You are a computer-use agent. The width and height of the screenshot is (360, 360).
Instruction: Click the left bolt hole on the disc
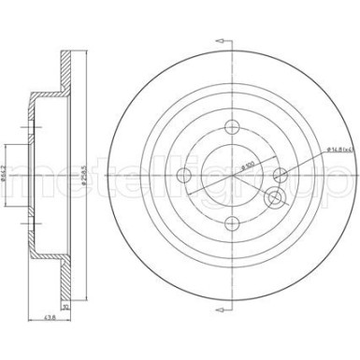(x=182, y=178)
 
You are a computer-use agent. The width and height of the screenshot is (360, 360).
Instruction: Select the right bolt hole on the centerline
(x=277, y=171)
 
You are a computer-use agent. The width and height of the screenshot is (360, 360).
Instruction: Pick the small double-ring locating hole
(x=274, y=198)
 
